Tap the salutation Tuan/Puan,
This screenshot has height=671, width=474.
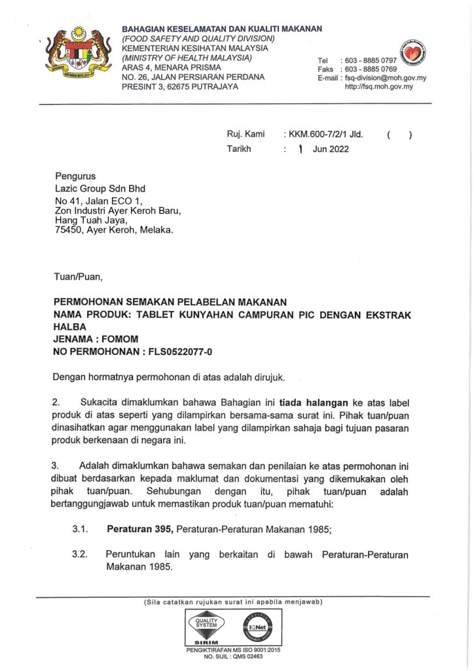point(78,277)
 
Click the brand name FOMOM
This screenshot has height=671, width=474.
point(122,339)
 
